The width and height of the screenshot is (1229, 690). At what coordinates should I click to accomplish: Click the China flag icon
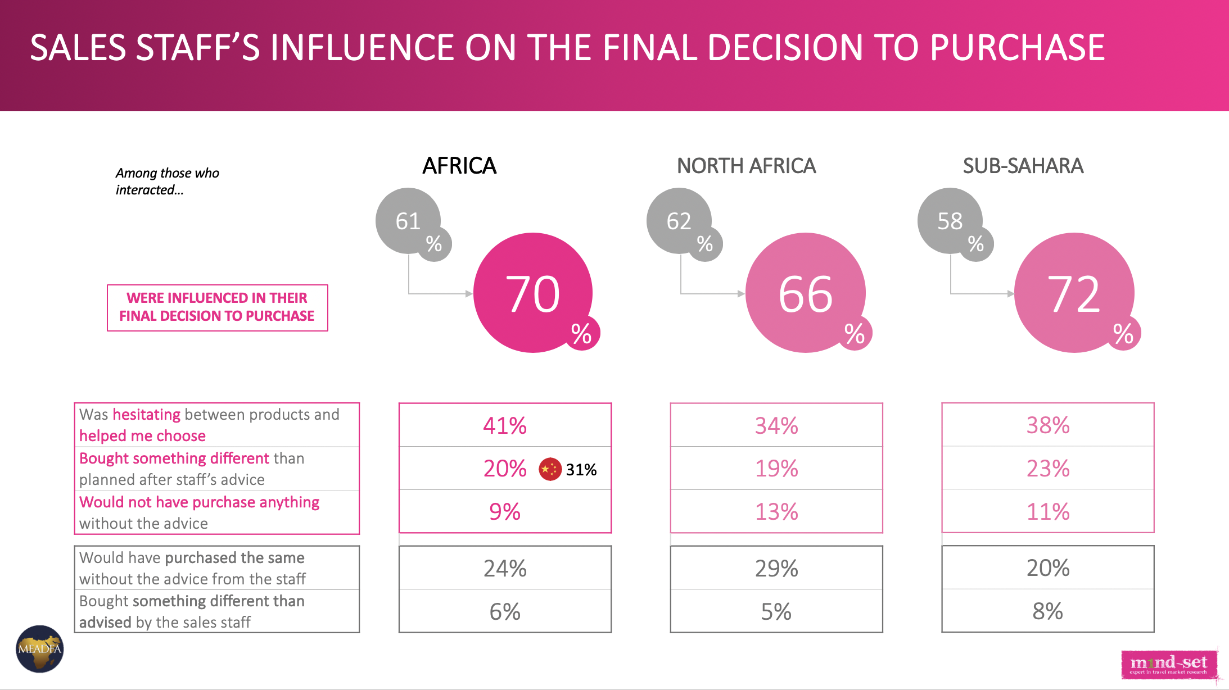point(550,469)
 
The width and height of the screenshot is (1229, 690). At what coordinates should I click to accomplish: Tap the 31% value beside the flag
point(581,470)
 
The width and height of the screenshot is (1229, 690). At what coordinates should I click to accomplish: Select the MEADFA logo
point(39,649)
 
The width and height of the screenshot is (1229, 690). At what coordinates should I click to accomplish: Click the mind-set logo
point(1169,664)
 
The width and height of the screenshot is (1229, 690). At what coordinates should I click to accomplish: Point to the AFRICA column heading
point(459,166)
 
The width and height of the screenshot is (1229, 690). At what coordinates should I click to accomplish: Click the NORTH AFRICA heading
point(746,166)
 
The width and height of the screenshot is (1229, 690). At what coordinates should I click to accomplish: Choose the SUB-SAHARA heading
point(1023,166)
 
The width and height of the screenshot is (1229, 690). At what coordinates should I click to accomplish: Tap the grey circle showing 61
point(408,220)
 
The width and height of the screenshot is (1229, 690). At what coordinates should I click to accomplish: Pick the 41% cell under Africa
point(505,425)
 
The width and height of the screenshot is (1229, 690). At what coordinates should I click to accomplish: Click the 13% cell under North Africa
point(776,511)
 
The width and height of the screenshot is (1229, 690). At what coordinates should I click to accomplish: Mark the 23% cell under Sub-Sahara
point(1048,468)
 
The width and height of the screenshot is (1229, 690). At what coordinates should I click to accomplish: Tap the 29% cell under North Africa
point(776,568)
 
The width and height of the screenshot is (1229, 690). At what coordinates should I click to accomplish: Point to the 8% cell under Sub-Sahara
point(1048,611)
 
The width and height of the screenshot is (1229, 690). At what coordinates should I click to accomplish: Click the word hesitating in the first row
point(146,415)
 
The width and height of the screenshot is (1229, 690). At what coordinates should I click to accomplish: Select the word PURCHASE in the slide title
point(1017,48)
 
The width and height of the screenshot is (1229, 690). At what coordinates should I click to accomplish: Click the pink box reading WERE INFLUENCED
point(217,307)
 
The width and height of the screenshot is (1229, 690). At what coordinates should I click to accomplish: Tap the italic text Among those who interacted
point(167,181)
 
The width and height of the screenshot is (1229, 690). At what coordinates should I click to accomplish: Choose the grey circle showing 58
point(950,220)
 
